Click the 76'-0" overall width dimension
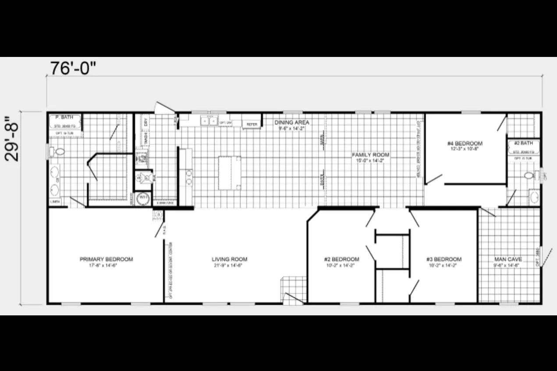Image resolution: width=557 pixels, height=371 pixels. tap(72, 68)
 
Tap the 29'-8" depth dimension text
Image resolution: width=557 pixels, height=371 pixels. tap(14, 138)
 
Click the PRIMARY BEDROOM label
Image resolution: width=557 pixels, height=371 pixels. tap(106, 259)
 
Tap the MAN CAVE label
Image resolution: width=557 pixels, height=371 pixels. tap(508, 259)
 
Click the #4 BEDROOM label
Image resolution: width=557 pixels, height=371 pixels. tap(465, 144)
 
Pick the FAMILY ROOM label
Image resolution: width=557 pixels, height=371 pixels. tap(370, 155)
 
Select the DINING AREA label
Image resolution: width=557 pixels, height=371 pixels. tap(291, 123)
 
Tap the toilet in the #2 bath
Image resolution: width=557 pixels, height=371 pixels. tap(529, 176)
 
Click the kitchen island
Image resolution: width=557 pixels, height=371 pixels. tap(230, 173)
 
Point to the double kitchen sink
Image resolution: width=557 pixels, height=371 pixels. tap(209, 120)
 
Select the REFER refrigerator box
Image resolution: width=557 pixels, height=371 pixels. tap(252, 124)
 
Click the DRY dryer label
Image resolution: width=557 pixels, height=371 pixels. tap(145, 122)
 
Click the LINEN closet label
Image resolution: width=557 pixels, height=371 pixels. tap(55, 202)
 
